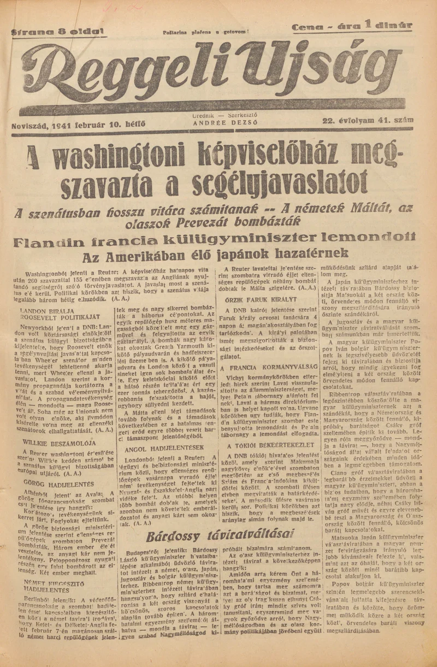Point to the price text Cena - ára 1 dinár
click(352, 26)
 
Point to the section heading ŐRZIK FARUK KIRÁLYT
click(261, 299)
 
